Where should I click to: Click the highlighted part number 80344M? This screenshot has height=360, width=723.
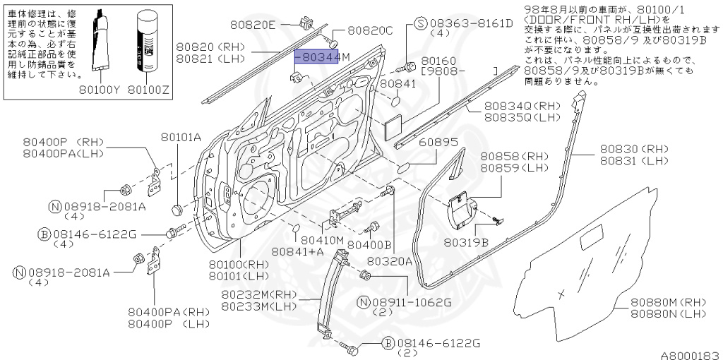tap(317, 56)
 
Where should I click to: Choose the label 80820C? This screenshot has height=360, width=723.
tap(369, 30)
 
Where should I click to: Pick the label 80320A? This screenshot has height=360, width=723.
tap(390, 261)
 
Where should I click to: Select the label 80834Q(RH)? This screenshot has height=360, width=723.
tap(521, 105)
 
